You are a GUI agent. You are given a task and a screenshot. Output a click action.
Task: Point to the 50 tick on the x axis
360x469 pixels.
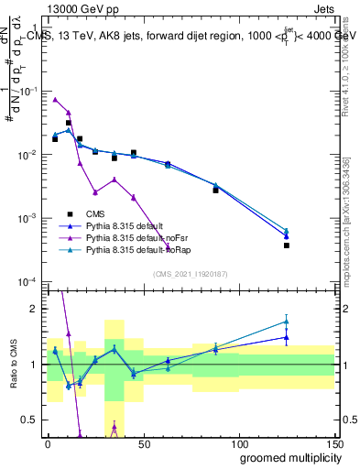(143, 441)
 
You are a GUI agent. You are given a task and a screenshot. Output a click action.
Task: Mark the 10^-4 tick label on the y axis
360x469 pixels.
(27, 281)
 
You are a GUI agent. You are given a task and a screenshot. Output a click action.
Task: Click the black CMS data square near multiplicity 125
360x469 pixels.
(287, 245)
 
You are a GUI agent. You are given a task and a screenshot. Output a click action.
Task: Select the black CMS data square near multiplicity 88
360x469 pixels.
(216, 190)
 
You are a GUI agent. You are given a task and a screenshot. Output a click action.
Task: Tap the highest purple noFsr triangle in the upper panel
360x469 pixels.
(55, 99)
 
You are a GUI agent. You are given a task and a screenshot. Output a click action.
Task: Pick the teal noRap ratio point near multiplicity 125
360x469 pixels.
(287, 322)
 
